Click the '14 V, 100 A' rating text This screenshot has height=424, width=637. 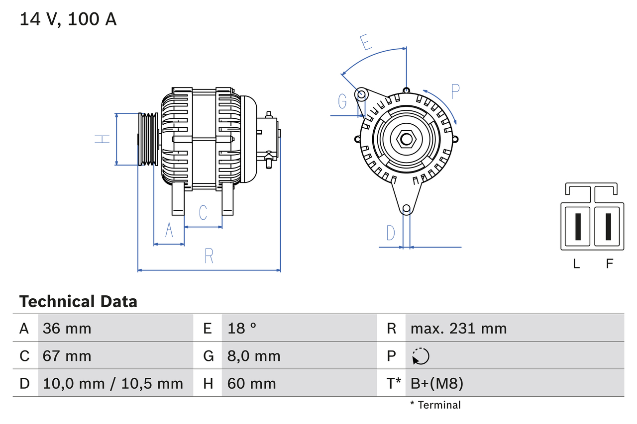point(68,19)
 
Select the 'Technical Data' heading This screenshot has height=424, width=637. point(78,301)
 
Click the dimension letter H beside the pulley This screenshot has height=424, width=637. point(102,139)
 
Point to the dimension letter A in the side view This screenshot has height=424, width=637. point(169,230)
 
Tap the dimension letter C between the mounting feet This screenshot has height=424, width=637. point(203,212)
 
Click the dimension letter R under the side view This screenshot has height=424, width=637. point(209,255)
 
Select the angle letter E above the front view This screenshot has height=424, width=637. point(366,42)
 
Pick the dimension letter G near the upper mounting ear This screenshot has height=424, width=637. point(342,101)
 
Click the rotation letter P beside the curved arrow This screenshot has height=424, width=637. point(455,91)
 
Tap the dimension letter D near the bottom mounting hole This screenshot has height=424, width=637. point(391,233)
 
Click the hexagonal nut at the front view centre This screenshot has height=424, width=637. point(406,139)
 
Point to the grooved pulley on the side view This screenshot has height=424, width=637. point(148,139)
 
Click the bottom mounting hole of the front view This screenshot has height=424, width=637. point(406,209)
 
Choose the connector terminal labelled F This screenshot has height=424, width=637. point(608,226)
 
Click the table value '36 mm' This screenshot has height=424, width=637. point(67,328)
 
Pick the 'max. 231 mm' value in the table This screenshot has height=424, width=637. point(458,328)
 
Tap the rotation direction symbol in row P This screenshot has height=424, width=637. point(421,356)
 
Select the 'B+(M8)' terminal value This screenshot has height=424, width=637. point(436,383)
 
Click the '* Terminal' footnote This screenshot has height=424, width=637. point(435,405)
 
